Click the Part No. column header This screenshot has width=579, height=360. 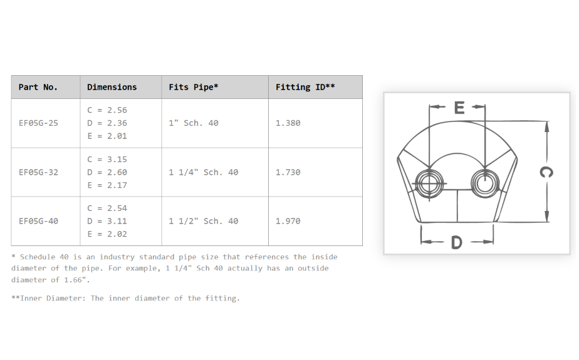(x=38, y=88)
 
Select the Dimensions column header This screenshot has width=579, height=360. (x=112, y=88)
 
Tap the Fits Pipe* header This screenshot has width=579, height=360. (x=194, y=88)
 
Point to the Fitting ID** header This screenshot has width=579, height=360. (x=305, y=88)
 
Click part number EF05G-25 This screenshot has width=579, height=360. (x=38, y=123)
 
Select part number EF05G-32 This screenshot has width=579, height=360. (x=38, y=172)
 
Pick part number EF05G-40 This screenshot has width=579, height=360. (x=38, y=221)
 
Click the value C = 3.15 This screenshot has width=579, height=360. (x=107, y=160)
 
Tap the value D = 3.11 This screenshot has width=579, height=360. (x=107, y=221)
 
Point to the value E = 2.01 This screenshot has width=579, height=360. (x=107, y=136)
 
